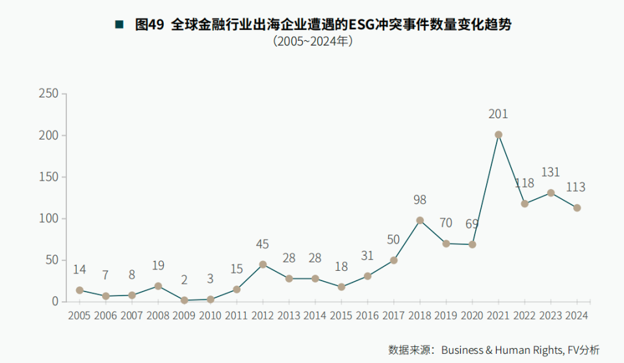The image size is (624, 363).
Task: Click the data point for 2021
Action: (x=499, y=134)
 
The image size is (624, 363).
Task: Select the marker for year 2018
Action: (x=420, y=220)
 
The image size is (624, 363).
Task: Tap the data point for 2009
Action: (x=184, y=300)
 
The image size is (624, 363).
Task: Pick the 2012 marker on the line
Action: (x=263, y=264)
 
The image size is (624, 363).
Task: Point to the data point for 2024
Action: (x=577, y=208)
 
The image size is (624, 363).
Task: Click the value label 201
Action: (x=499, y=114)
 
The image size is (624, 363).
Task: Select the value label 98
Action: (x=420, y=200)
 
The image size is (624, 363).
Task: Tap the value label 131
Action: (x=551, y=173)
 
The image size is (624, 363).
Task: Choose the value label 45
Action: (x=263, y=244)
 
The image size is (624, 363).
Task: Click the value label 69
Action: (x=473, y=225)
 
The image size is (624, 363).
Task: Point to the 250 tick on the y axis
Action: (x=49, y=94)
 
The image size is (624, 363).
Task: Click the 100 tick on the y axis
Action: (x=49, y=219)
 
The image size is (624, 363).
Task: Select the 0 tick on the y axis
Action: (x=55, y=302)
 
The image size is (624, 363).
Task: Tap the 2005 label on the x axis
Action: (x=79, y=316)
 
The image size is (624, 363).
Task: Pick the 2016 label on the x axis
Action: (x=367, y=316)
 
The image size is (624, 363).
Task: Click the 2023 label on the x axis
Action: (x=551, y=316)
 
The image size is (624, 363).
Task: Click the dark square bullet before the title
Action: (x=119, y=25)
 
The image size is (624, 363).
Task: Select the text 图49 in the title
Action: (x=149, y=25)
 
